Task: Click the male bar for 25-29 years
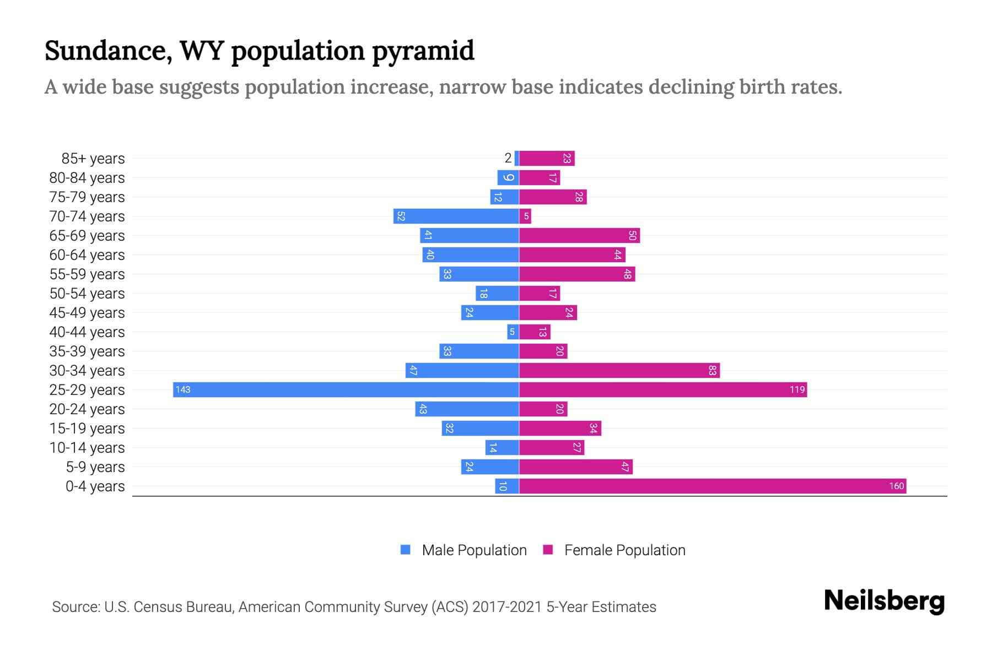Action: tap(346, 389)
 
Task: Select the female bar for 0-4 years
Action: tap(712, 486)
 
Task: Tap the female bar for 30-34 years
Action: tap(619, 370)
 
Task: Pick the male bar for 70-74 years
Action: tap(456, 216)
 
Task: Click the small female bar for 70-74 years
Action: tap(525, 216)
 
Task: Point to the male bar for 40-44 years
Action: tap(513, 332)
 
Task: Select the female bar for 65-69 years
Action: tap(579, 235)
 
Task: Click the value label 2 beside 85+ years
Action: tap(508, 158)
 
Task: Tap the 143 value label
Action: tap(182, 389)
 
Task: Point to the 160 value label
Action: tap(896, 486)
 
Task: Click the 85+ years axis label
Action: tap(93, 159)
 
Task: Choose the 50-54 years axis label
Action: tap(87, 294)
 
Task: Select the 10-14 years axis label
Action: tap(87, 448)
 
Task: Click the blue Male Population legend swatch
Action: tap(406, 550)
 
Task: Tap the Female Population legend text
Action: tap(624, 550)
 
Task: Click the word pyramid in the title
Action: tap(423, 51)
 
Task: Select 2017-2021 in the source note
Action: tap(506, 607)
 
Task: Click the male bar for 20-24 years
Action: tap(467, 409)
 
